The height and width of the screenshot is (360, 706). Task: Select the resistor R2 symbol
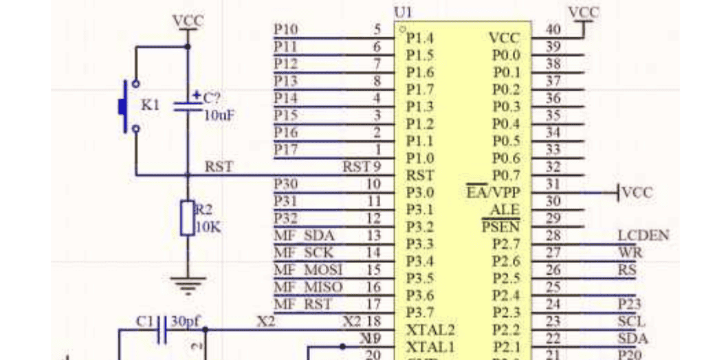pyautogui.click(x=188, y=218)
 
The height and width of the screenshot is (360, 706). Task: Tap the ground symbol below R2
pyautogui.click(x=188, y=282)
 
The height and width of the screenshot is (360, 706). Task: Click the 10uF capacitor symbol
pyautogui.click(x=188, y=105)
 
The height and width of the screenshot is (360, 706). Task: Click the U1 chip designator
pyautogui.click(x=402, y=12)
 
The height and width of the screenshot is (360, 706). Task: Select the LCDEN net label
pyautogui.click(x=643, y=236)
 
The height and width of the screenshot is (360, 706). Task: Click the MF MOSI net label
pyautogui.click(x=308, y=269)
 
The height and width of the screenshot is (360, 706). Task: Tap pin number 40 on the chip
pyautogui.click(x=553, y=29)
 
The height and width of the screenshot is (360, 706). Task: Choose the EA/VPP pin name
pyautogui.click(x=493, y=192)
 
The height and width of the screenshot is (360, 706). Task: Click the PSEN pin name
pyautogui.click(x=500, y=227)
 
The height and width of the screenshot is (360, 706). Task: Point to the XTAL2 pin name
pyautogui.click(x=430, y=330)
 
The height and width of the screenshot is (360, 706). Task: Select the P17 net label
pyautogui.click(x=285, y=149)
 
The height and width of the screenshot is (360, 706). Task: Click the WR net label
pyautogui.click(x=630, y=252)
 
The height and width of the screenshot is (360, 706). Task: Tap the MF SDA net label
pyautogui.click(x=304, y=236)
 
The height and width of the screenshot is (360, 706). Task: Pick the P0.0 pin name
pyautogui.click(x=506, y=55)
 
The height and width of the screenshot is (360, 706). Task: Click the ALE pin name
pyautogui.click(x=505, y=210)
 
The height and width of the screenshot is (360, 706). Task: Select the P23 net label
pyautogui.click(x=628, y=304)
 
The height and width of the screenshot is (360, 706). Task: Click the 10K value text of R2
pyautogui.click(x=208, y=227)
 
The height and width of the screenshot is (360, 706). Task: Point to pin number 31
pyautogui.click(x=553, y=183)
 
